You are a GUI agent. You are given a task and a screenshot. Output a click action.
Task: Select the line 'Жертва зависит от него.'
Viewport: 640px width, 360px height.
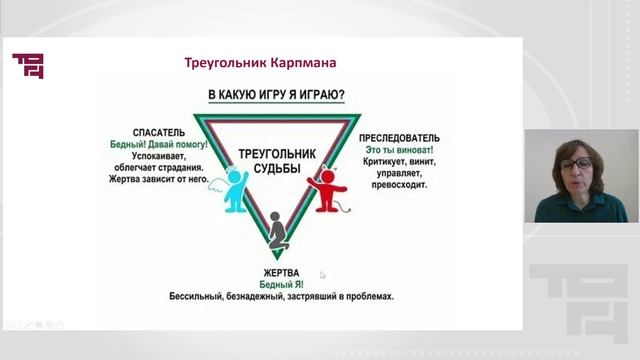160,180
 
